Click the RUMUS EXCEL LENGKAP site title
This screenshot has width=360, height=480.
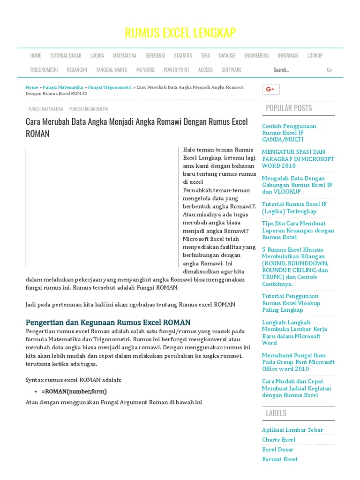point(180,33)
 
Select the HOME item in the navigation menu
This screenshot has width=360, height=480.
point(36,55)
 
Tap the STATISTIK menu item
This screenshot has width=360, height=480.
point(183,55)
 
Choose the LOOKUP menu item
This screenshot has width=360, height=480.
point(315,55)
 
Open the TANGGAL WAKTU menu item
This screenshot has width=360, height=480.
point(112,70)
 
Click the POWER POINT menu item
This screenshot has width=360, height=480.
point(176,70)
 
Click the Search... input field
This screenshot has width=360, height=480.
point(295,70)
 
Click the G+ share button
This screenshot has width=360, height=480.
point(270,90)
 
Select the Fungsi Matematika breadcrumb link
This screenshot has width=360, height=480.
point(63,87)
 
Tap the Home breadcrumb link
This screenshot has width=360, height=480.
point(32,87)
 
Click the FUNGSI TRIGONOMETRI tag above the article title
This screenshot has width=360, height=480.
point(89,109)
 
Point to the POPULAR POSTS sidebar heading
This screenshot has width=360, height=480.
point(289,108)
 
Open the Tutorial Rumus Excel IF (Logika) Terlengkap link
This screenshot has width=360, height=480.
point(294,208)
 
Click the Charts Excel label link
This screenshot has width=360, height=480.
point(279,440)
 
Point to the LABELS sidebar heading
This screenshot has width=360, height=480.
point(276,413)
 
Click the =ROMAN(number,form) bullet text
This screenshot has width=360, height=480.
point(74,391)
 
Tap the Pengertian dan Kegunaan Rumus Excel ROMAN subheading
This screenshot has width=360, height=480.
point(108,322)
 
